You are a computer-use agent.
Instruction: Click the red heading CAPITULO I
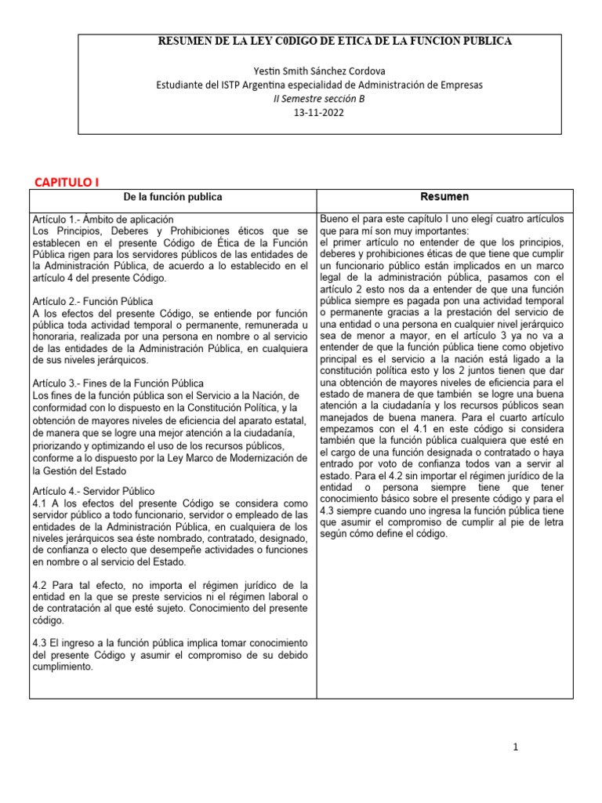point(67,182)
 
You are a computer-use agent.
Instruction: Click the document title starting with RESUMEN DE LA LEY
point(335,41)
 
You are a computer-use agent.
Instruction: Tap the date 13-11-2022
point(318,112)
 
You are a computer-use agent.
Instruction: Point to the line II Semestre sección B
point(318,98)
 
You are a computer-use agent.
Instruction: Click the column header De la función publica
point(173,197)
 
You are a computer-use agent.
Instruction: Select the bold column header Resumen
point(444,197)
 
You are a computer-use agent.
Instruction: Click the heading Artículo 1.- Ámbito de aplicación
point(103,220)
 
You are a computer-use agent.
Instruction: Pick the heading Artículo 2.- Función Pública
point(92,301)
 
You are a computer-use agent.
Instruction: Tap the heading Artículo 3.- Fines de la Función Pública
point(118,383)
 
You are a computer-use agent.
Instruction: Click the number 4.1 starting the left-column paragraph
point(41,502)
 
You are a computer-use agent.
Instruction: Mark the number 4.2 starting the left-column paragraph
point(41,585)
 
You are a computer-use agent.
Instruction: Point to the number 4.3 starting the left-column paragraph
point(41,643)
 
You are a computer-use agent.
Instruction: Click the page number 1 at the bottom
point(515,747)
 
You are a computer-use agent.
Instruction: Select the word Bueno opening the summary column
point(335,220)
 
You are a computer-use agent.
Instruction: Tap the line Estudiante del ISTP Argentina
point(320,84)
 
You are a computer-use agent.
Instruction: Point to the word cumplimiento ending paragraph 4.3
point(63,667)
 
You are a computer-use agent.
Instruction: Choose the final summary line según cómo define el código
point(383,534)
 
